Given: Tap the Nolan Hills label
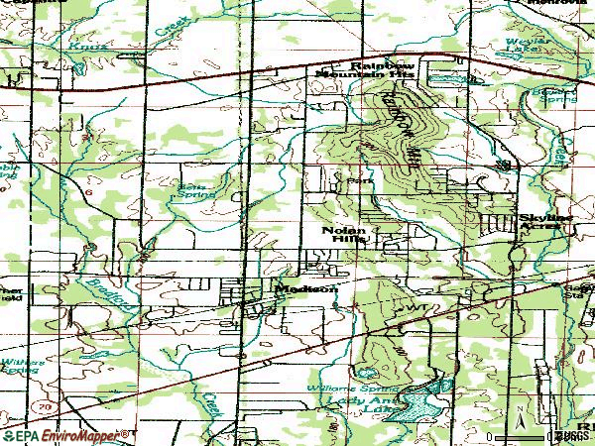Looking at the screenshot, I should click(x=343, y=235).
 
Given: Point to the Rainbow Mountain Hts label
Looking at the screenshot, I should click(x=368, y=70).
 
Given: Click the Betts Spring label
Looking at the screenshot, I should click(x=191, y=189).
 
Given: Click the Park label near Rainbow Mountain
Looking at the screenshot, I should click(x=356, y=181).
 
